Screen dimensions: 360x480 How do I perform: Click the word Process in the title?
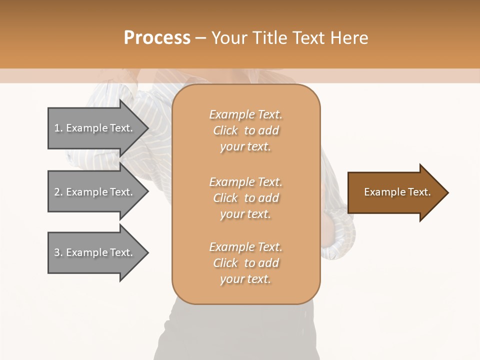pyautogui.click(x=157, y=38)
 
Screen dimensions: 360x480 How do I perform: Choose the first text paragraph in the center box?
pyautogui.click(x=245, y=130)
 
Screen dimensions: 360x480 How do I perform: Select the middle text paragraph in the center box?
pyautogui.click(x=245, y=198)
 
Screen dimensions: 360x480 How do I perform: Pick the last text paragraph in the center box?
pyautogui.click(x=245, y=263)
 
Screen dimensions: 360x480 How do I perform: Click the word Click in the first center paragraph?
pyautogui.click(x=225, y=130)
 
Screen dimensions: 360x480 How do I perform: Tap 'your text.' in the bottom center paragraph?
pyautogui.click(x=245, y=279)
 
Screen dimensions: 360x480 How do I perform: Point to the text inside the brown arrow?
pyautogui.click(x=397, y=192)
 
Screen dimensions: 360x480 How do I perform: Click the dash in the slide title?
pyautogui.click(x=200, y=38)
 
